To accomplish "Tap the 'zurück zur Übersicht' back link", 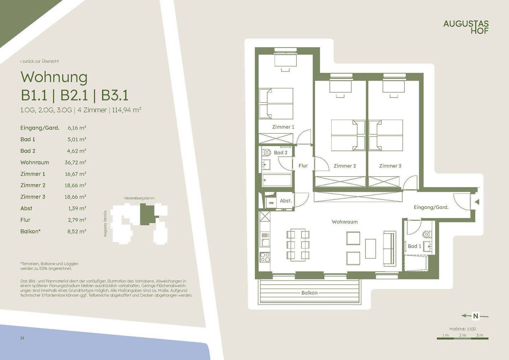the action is [x=40, y=61].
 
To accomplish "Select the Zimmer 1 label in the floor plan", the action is [x=283, y=127].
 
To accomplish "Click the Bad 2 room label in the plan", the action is [x=281, y=153].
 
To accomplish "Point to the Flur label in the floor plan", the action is [x=303, y=166].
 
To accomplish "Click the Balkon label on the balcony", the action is [x=309, y=293].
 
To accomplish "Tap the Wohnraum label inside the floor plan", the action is [x=345, y=222].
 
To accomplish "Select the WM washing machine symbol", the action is [x=271, y=203].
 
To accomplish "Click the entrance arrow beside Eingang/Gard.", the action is [x=477, y=202].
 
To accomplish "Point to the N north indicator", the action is [x=476, y=316].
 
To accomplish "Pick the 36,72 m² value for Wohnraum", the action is [x=75, y=163].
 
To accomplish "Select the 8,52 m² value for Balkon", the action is [x=77, y=231].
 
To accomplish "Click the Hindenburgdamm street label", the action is [x=139, y=198].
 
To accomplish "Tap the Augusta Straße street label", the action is [x=105, y=224].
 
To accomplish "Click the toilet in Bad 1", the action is [x=427, y=234].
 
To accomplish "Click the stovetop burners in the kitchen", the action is [x=265, y=257].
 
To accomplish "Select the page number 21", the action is [x=22, y=338].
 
